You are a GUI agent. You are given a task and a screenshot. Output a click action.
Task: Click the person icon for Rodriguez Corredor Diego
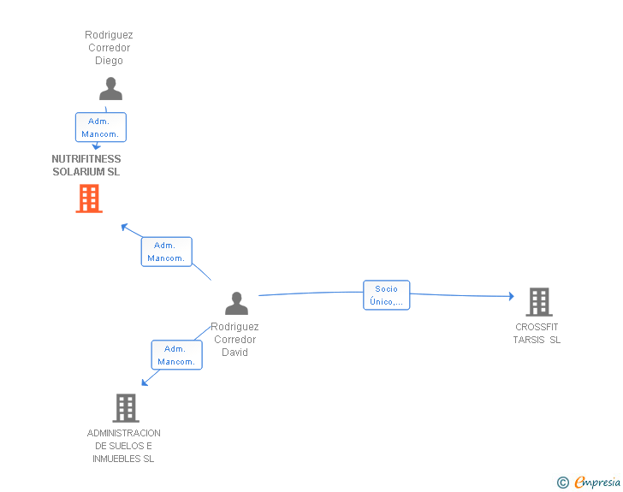pyautogui.click(x=110, y=89)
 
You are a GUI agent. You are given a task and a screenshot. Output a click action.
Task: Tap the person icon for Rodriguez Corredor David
pyautogui.click(x=236, y=304)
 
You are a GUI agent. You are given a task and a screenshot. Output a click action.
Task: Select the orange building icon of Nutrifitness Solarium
pyautogui.click(x=89, y=199)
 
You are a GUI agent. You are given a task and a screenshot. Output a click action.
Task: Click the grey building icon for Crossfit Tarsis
pyautogui.click(x=538, y=301)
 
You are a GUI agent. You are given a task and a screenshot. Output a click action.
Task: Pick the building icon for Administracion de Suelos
pyautogui.click(x=126, y=408)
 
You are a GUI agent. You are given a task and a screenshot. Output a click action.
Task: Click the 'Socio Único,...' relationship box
pyautogui.click(x=386, y=295)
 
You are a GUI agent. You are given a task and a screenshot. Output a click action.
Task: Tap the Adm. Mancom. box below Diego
pyautogui.click(x=101, y=127)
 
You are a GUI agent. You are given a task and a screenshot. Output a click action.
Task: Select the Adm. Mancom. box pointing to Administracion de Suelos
pyautogui.click(x=177, y=355)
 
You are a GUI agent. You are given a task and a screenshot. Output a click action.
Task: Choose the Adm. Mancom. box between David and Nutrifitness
pyautogui.click(x=166, y=252)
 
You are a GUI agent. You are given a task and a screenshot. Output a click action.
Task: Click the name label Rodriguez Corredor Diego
pyautogui.click(x=109, y=48)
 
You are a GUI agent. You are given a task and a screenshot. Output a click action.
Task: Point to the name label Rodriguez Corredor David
pyautogui.click(x=234, y=339)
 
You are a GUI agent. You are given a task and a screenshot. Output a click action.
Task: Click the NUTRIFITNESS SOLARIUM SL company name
pyautogui.click(x=86, y=165)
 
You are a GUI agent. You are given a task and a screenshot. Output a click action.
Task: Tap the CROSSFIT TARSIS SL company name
pyautogui.click(x=537, y=334)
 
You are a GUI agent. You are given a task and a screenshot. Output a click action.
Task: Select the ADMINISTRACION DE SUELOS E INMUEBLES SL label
pyautogui.click(x=124, y=446)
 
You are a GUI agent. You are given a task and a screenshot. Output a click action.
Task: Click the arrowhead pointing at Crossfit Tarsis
pyautogui.click(x=511, y=296)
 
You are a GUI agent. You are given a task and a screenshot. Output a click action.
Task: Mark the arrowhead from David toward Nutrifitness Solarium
pyautogui.click(x=124, y=226)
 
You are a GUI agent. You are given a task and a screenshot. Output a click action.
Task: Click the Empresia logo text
pyautogui.click(x=597, y=483)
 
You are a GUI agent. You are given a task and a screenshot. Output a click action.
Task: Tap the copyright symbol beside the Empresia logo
pyautogui.click(x=562, y=483)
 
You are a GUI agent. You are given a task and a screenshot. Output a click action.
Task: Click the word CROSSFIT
pyautogui.click(x=537, y=327)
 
